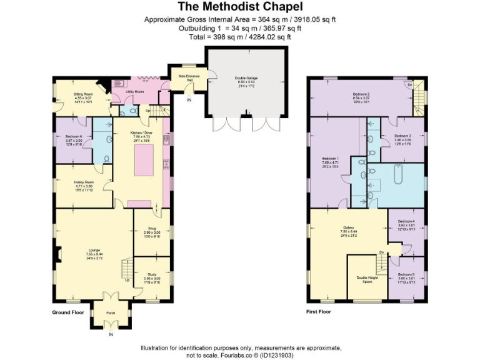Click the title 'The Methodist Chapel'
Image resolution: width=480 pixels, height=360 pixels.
pos(240,7)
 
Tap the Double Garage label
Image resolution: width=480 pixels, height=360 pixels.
pos(244,77)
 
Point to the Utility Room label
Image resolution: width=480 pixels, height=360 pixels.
pos(136,91)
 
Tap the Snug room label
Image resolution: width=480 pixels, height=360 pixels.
pos(152,229)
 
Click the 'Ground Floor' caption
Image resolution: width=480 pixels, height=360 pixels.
pos(68,311)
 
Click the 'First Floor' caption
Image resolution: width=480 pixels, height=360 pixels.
pos(318,311)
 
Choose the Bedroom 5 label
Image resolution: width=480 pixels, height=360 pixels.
pos(406,274)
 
